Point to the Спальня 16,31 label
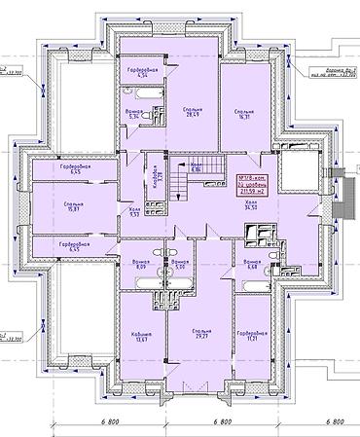(x=244, y=118)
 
